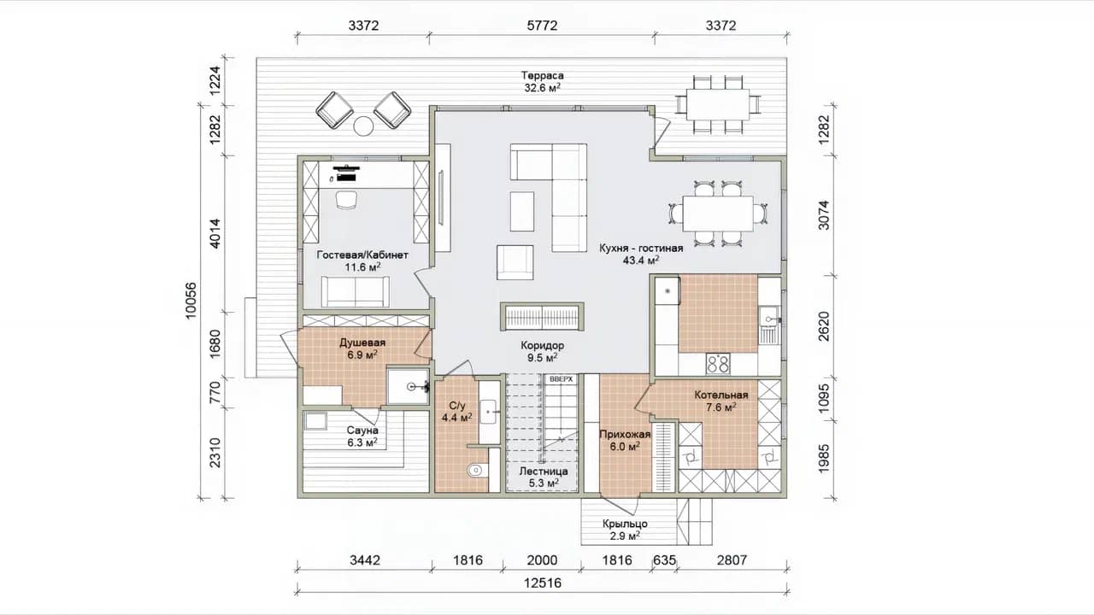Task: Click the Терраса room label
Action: tap(542, 76)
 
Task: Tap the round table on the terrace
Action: tap(363, 126)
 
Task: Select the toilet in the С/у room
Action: tap(476, 470)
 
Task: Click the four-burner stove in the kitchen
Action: tap(718, 364)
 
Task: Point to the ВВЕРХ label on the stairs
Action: tap(561, 379)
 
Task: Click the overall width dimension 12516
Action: tap(543, 583)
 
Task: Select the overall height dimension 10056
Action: tap(191, 301)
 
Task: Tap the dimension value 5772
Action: tap(542, 26)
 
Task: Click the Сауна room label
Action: tap(362, 430)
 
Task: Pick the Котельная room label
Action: tap(721, 395)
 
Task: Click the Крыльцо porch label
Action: tap(625, 524)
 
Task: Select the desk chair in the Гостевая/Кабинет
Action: tap(346, 200)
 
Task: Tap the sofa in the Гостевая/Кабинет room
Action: tap(356, 292)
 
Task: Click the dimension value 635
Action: tap(664, 560)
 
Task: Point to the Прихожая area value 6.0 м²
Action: tap(625, 447)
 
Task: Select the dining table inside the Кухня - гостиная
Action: tap(718, 214)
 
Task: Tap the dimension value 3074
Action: tap(823, 214)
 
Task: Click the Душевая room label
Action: tap(362, 343)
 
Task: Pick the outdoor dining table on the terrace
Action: tap(717, 104)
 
